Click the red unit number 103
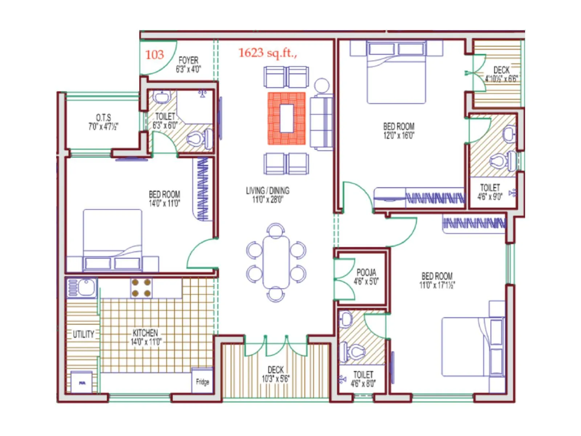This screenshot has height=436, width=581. (x=155, y=55)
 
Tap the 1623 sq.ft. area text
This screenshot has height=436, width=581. (x=268, y=53)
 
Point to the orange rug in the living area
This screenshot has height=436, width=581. (x=287, y=118)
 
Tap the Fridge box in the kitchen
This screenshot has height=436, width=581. (x=202, y=381)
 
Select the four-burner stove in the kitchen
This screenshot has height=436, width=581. (x=141, y=288)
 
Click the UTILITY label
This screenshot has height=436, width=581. (x=84, y=334)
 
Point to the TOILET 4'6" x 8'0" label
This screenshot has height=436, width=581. (x=363, y=379)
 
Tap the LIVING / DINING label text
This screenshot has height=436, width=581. (x=268, y=195)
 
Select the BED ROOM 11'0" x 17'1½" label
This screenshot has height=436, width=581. (x=437, y=280)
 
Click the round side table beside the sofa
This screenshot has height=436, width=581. (x=321, y=86)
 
